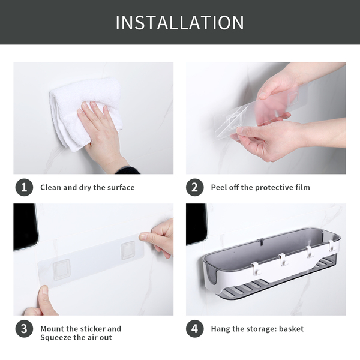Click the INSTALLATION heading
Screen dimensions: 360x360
click(x=180, y=23)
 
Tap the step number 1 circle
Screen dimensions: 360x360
click(x=24, y=187)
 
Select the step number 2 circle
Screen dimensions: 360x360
click(x=194, y=187)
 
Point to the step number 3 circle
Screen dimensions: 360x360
click(x=24, y=329)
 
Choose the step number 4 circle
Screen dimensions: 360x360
click(x=194, y=329)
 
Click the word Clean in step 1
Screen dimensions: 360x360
click(x=51, y=187)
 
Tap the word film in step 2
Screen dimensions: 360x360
click(x=302, y=187)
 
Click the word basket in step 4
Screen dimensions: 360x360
click(x=291, y=329)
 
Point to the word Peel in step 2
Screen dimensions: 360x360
click(x=219, y=187)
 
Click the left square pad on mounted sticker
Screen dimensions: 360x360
click(x=61, y=269)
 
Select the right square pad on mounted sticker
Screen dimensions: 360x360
click(x=128, y=250)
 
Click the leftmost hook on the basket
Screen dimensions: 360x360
click(x=256, y=269)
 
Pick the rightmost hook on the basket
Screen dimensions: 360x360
click(x=331, y=245)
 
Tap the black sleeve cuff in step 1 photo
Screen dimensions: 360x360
click(x=128, y=170)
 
